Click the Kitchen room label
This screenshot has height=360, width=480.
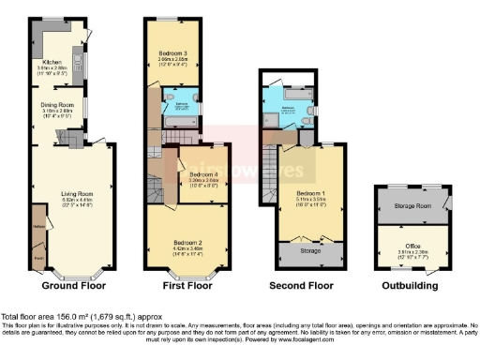click(x=46, y=62)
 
